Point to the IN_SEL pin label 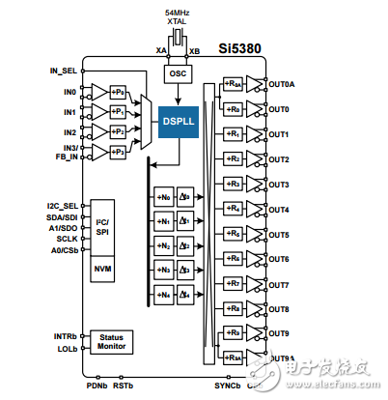coord(64,71)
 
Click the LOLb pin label coord(67,349)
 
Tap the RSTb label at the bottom coord(124,385)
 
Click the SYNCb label coord(227,385)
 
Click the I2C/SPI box coord(102,227)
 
